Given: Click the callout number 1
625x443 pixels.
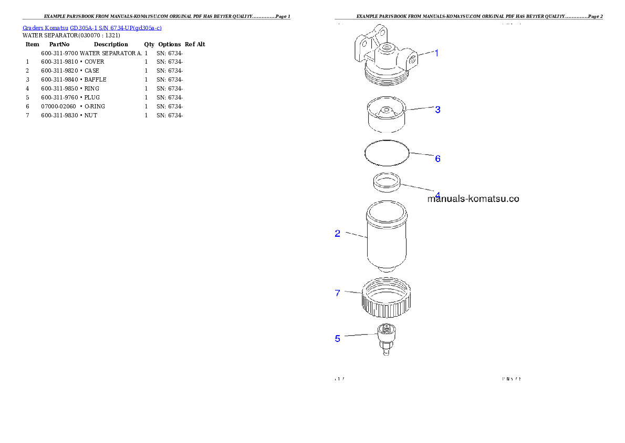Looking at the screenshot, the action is click(436, 53).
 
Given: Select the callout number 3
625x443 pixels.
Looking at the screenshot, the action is click(437, 109).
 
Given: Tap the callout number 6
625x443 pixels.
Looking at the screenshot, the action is click(437, 158).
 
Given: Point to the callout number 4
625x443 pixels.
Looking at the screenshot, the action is click(437, 194).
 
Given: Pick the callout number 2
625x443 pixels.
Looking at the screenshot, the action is click(338, 233).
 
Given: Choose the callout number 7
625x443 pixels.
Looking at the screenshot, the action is click(338, 293).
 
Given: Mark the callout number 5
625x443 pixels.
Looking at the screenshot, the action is click(338, 338).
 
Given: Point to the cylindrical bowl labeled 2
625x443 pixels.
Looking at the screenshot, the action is click(386, 239).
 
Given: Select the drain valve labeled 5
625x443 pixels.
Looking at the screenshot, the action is click(386, 340).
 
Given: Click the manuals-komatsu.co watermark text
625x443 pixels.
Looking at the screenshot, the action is click(473, 199).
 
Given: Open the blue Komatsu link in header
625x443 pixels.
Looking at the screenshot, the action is click(92, 27).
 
